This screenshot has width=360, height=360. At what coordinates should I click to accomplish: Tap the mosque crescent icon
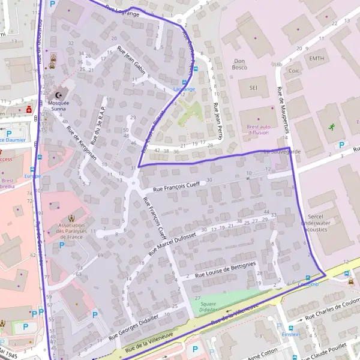coord(59,95)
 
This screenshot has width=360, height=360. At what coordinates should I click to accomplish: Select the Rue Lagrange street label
coord(122,11)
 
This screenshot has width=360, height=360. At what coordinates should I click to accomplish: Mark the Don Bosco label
coord(240,64)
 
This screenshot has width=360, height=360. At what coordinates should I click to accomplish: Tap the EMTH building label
coord(316,58)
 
